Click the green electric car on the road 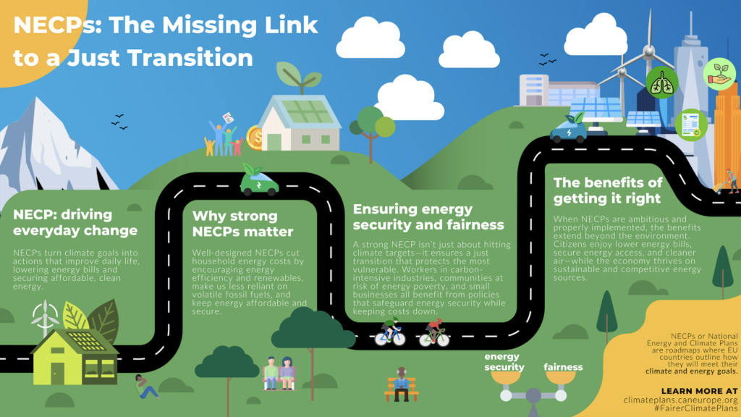259,183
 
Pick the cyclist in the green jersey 389,332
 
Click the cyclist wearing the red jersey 434,332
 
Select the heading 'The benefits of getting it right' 608,190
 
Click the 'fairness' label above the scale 563,367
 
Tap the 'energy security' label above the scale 504,362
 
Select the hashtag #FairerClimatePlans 695,410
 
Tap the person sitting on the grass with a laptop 145,386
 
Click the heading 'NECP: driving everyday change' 75,223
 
